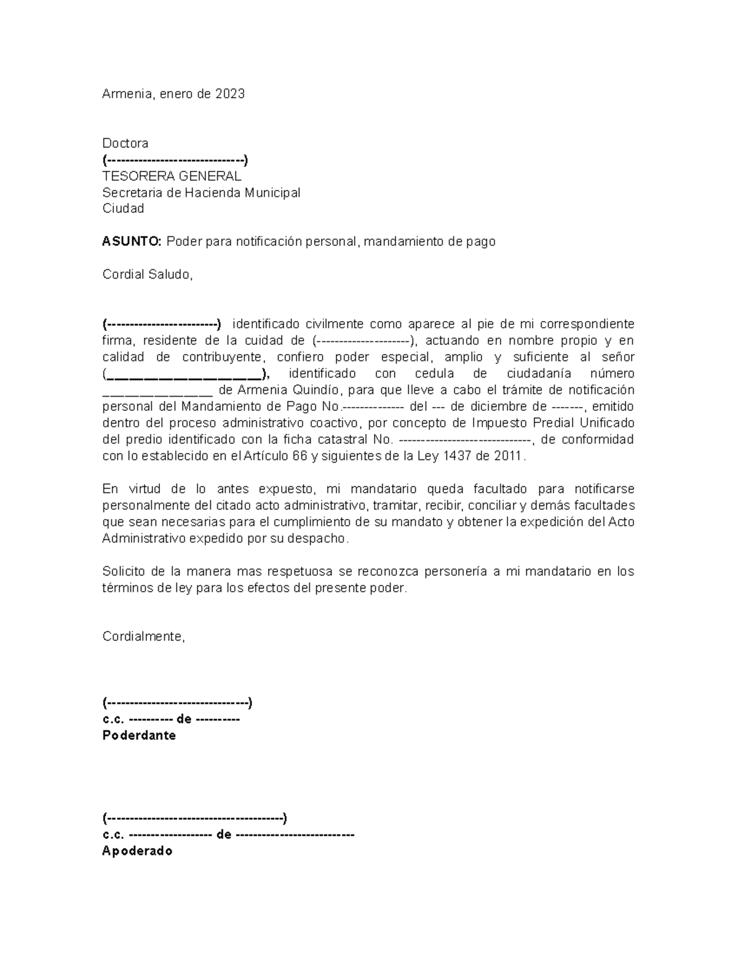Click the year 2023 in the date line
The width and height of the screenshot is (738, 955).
229,94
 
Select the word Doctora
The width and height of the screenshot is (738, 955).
125,143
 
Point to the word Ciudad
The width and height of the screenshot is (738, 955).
123,208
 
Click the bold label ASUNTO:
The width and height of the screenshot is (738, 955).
132,242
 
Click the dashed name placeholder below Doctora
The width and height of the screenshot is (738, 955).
175,160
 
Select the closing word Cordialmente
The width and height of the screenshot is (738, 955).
143,637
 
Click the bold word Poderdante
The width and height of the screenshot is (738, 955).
139,736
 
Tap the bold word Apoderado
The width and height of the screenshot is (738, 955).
137,852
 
